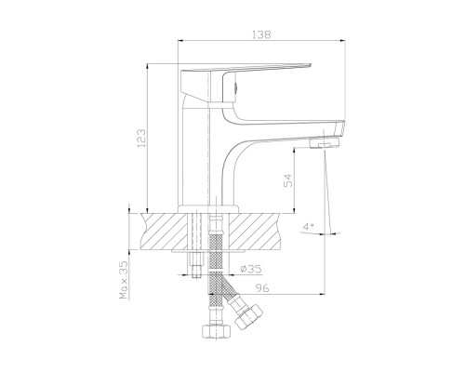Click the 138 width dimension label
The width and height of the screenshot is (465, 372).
[261, 34]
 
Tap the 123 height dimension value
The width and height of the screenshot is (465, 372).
[141, 138]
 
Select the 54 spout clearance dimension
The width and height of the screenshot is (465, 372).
[288, 180]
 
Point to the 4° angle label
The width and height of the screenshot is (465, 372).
[308, 227]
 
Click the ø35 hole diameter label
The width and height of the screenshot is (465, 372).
[251, 269]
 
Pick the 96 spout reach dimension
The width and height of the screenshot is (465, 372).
[262, 288]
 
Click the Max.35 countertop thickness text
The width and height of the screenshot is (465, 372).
[124, 280]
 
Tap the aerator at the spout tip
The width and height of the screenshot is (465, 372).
[324, 143]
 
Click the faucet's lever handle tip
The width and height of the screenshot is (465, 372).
[309, 65]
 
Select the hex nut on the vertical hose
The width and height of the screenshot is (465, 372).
[217, 331]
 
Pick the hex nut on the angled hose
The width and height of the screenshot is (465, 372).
[248, 316]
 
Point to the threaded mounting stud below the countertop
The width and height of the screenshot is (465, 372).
[196, 264]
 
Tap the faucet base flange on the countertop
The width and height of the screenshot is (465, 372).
[208, 209]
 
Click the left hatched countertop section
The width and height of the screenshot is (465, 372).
[165, 231]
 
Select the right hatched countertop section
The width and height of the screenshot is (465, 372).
[255, 231]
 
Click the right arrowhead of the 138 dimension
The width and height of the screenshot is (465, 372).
[342, 40]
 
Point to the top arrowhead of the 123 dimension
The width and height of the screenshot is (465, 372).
[148, 66]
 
